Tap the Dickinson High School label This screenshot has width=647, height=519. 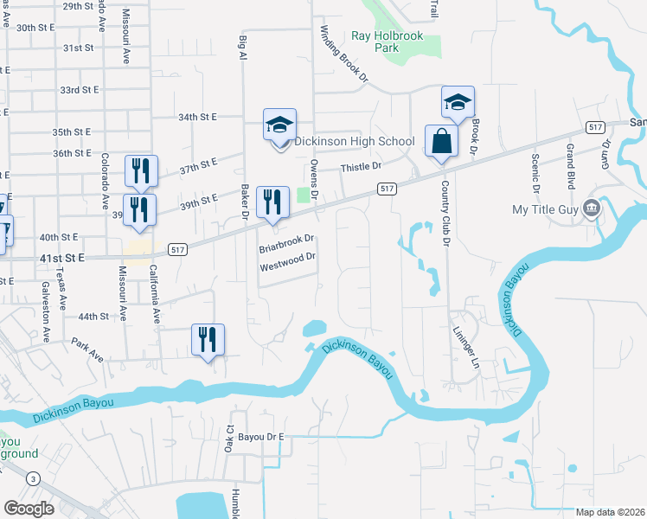coord(355,141)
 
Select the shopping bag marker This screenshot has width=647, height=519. coord(441,141)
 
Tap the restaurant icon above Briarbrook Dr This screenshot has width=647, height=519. coord(272,202)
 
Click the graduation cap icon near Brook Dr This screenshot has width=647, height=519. coord(458,103)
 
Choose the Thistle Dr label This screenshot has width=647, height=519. coord(361,166)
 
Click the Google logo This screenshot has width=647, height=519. coord(29,509)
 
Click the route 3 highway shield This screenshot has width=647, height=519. coord(33,478)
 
